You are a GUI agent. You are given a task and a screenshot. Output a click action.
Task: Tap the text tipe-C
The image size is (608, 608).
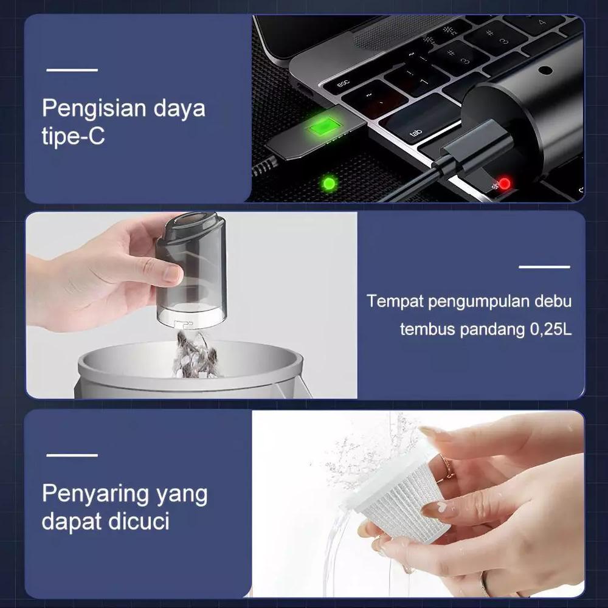coord(73,137)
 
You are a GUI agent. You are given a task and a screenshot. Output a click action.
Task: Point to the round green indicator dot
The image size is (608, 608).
coord(330,182)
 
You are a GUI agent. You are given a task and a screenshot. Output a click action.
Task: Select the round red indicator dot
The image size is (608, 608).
coord(503,183)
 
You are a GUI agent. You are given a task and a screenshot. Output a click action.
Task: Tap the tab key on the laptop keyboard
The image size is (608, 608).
coord(417,132)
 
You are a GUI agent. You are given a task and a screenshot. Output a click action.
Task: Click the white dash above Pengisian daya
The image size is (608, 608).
coord(72,71)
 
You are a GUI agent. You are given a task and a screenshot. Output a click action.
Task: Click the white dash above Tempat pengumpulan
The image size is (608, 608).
coord(544,267)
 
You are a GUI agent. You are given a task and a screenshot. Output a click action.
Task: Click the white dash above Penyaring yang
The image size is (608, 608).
coord(72,455)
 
